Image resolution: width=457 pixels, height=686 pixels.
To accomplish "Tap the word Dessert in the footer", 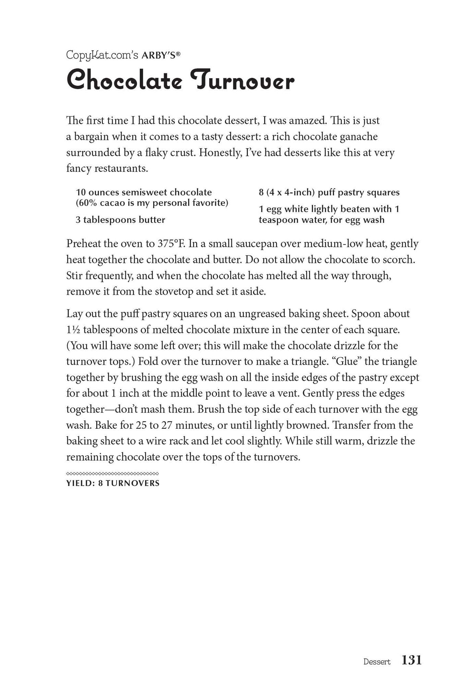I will click(x=377, y=662).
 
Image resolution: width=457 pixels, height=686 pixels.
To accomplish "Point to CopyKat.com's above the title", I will click(x=102, y=55).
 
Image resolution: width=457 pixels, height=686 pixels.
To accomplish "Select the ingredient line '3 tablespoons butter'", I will click(x=120, y=220).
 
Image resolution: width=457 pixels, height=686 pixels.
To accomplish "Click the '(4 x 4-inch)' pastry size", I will click(x=290, y=192).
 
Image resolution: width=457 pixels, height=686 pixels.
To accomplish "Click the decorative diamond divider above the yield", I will click(x=112, y=474).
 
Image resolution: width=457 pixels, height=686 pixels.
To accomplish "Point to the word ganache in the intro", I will click(x=359, y=137).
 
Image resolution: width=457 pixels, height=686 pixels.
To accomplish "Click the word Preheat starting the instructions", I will click(x=83, y=244).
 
